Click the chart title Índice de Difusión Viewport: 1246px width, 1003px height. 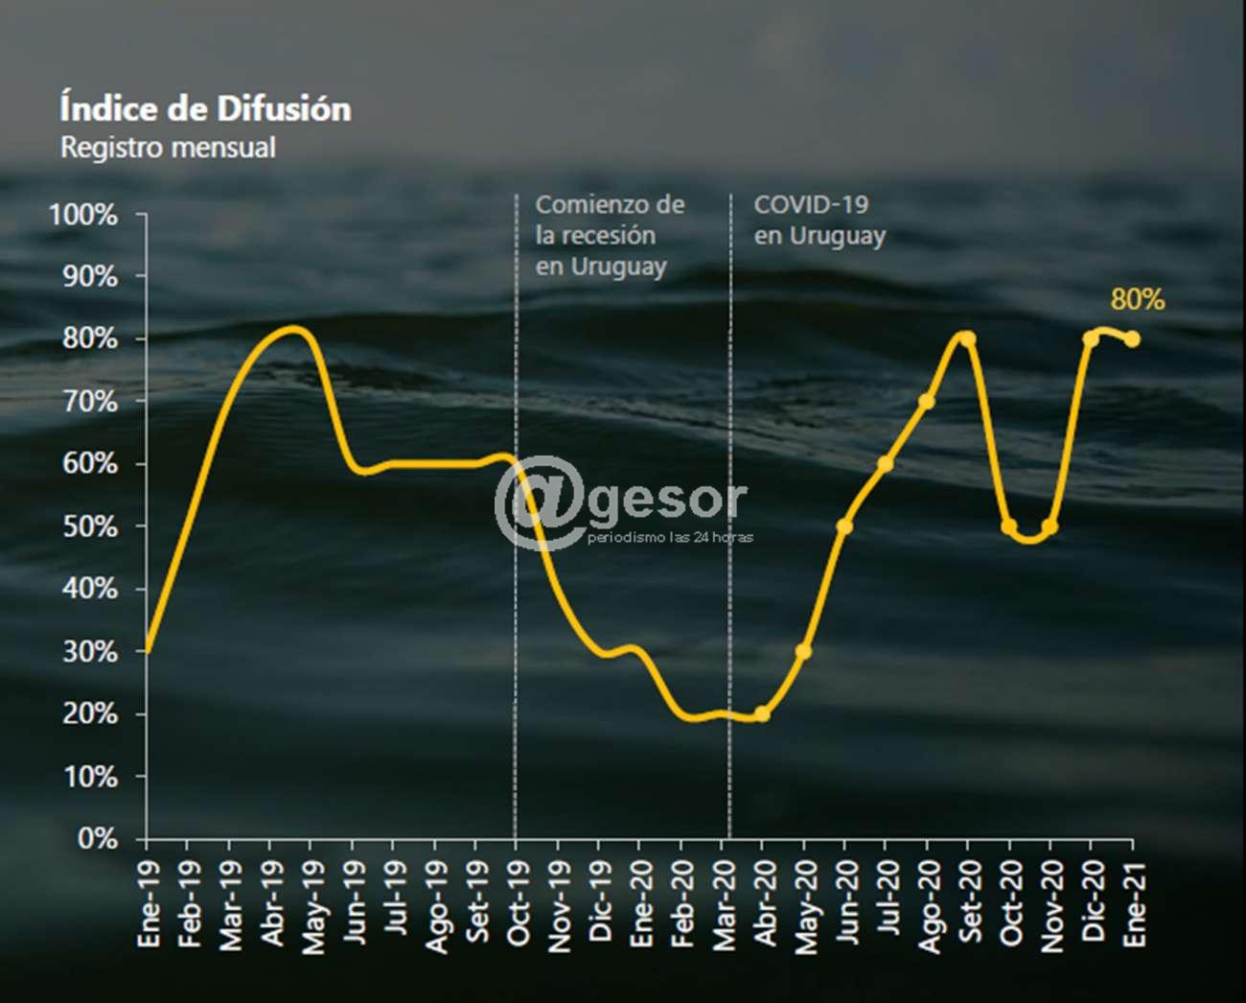tap(205, 108)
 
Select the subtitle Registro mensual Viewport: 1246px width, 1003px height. tap(168, 148)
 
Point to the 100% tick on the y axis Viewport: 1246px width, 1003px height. tap(83, 215)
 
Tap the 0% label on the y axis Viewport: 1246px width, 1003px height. tap(97, 839)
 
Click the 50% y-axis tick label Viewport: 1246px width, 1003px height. tap(90, 526)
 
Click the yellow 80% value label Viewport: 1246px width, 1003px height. tap(1137, 300)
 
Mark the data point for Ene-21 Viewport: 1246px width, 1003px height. tap(1132, 338)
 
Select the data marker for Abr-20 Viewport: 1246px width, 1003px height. tap(762, 713)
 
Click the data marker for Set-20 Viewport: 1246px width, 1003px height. tap(967, 338)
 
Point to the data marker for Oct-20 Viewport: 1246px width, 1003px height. tap(1008, 526)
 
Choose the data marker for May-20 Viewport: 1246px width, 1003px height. tap(803, 651)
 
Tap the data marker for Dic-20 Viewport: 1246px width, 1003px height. tap(1091, 338)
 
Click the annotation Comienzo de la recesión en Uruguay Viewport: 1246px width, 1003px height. tap(610, 235)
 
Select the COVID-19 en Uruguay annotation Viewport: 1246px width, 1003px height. tap(819, 220)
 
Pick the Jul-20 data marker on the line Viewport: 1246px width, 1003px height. tap(886, 464)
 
